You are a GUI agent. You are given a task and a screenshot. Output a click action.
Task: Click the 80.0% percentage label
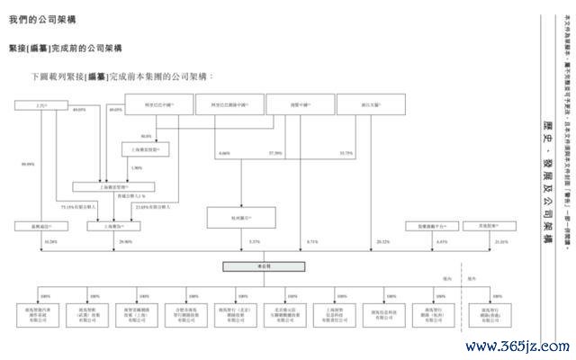tap(146, 136)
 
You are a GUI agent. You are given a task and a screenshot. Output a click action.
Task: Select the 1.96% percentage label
tap(137, 168)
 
